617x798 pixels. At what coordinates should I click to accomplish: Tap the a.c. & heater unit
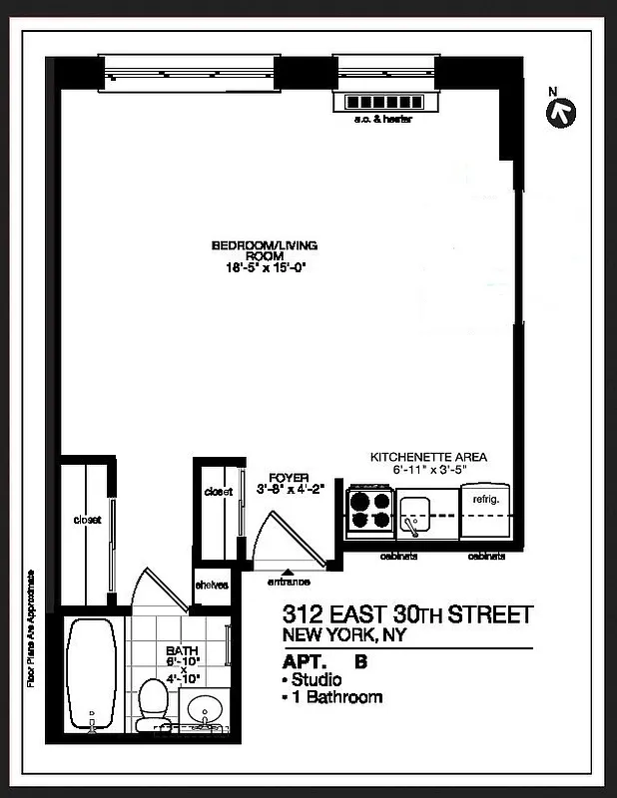(384, 103)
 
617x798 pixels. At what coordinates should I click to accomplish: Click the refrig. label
(485, 497)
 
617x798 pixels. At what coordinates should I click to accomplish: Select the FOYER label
(289, 478)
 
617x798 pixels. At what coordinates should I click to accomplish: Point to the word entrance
(289, 582)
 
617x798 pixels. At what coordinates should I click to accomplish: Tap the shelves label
(212, 585)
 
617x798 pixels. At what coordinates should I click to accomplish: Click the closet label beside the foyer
(218, 492)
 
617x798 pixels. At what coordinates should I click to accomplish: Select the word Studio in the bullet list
(315, 679)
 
